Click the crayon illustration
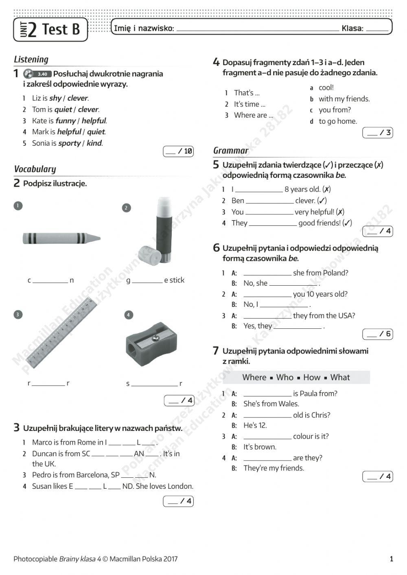pyautogui.click(x=61, y=238)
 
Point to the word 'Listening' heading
pyautogui.click(x=31, y=59)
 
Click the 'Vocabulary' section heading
pyautogui.click(x=35, y=169)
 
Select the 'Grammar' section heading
pyautogui.click(x=231, y=151)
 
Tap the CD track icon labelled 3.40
pyautogui.click(x=37, y=74)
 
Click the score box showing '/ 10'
pyautogui.click(x=178, y=151)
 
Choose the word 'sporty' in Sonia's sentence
pyautogui.click(x=69, y=143)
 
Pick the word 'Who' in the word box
pyautogui.click(x=284, y=377)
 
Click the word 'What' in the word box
pyautogui.click(x=340, y=377)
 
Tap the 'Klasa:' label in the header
pyautogui.click(x=352, y=28)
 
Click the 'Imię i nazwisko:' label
pyautogui.click(x=144, y=28)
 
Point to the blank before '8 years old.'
pyautogui.click(x=259, y=190)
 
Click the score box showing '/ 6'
pyautogui.click(x=378, y=334)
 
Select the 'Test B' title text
pyautogui.click(x=61, y=29)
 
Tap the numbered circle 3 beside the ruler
pyautogui.click(x=18, y=315)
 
